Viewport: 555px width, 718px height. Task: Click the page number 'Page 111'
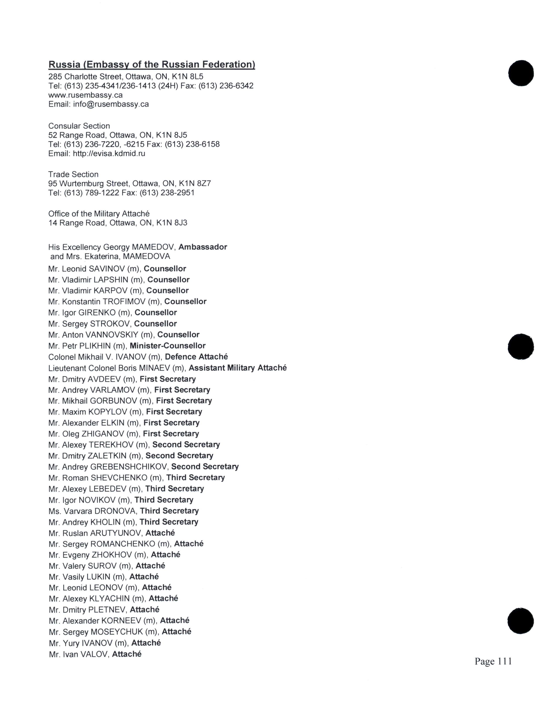(493, 661)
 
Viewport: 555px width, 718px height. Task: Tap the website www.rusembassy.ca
(86, 95)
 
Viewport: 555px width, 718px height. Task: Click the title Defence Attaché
(196, 357)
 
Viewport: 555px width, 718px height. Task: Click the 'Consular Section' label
(79, 126)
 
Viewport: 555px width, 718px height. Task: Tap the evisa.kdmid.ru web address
(109, 154)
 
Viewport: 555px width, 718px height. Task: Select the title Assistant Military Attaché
(237, 368)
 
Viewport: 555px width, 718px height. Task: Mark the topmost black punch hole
(521, 73)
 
